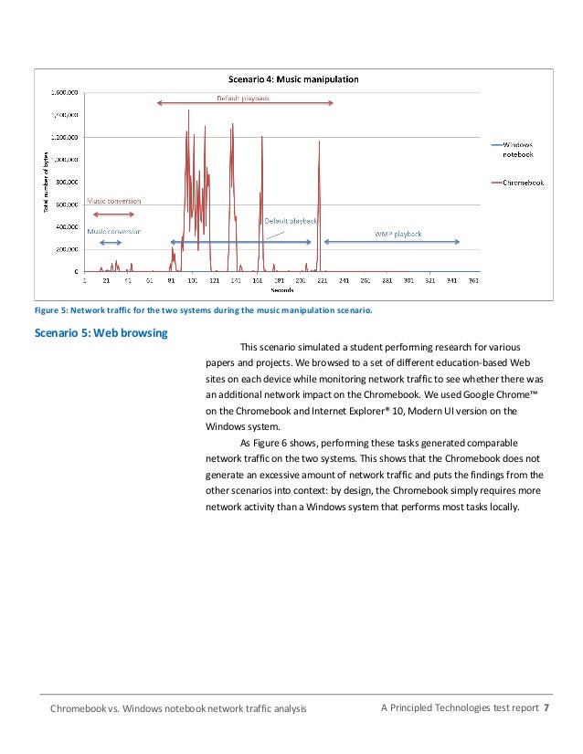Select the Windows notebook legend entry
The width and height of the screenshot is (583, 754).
517,148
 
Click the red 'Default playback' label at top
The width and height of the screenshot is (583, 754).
242,98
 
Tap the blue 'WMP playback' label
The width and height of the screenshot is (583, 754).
397,234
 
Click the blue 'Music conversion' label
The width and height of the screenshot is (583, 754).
113,231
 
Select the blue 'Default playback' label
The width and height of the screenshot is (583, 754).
291,221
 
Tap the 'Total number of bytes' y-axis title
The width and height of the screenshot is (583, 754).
46,183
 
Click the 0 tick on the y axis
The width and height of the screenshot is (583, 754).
76,272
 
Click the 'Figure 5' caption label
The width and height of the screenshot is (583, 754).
51,310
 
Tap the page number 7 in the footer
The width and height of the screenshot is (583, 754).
546,707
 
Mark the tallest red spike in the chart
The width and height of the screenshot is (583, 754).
188,111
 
